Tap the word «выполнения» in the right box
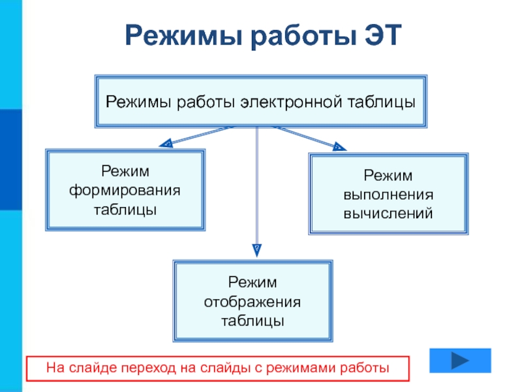[388, 194]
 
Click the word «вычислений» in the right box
[388, 213]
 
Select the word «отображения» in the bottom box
[253, 302]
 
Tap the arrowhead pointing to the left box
[166, 143]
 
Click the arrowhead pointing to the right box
[339, 146]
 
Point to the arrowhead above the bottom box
[257, 249]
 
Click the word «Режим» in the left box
[125, 171]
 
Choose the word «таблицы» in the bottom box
[253, 321]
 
